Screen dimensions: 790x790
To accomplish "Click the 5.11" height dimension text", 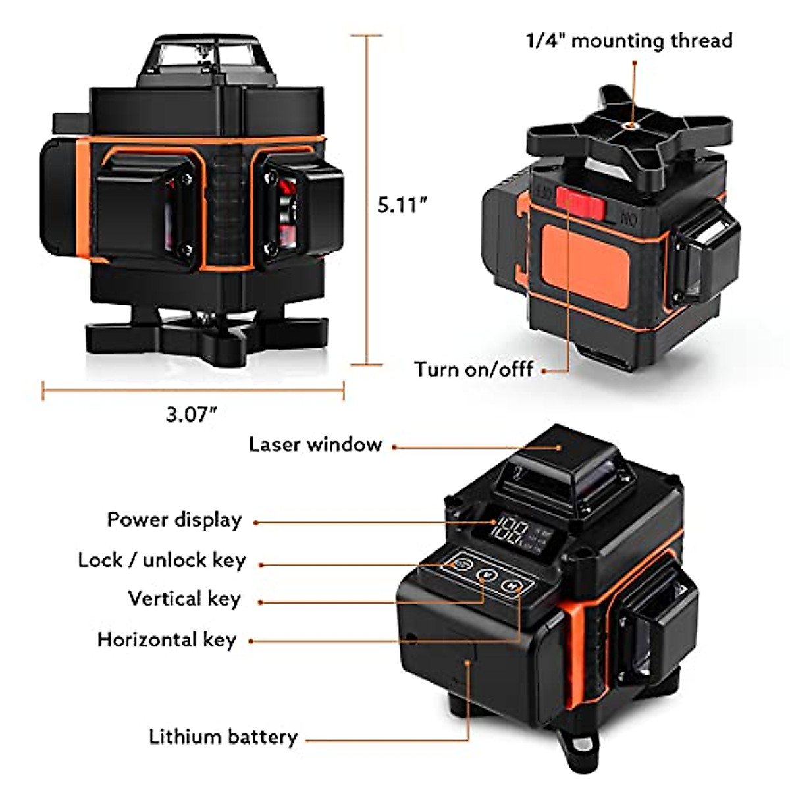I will (402, 205).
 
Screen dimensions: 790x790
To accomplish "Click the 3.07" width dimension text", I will (192, 414).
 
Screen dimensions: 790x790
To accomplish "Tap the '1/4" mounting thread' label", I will (629, 41).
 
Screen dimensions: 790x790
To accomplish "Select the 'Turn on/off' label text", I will (473, 369).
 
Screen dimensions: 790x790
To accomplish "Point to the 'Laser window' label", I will (315, 444).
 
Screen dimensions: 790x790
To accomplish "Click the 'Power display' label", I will (174, 519).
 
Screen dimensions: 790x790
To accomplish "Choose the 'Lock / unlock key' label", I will (161, 560).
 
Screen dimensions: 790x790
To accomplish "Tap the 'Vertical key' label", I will (184, 599).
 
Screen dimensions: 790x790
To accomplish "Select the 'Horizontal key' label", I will (167, 640).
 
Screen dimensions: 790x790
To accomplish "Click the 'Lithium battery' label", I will (223, 736).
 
